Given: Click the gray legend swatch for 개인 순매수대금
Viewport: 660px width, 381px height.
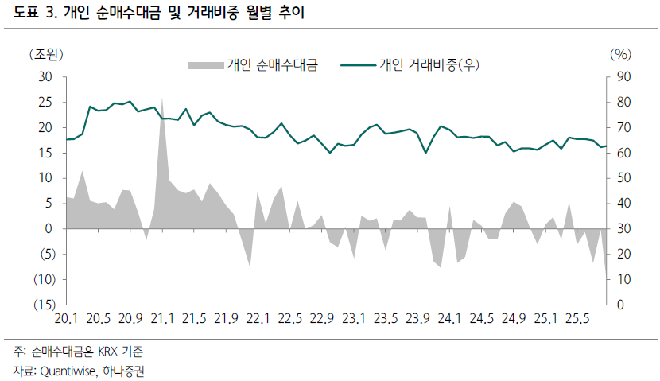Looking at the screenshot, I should (x=206, y=65).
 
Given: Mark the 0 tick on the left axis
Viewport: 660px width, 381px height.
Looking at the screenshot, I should (x=49, y=229).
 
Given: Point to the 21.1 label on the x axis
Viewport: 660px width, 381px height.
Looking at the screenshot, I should (x=161, y=320).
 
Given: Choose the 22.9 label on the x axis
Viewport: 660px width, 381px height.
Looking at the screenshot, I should (x=321, y=320).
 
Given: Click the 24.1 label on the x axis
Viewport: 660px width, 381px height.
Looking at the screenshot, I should (x=449, y=320).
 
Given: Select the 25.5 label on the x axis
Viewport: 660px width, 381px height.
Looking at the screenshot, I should (x=577, y=320).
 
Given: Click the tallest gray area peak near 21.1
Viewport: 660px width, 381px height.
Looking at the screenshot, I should (x=162, y=101).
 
